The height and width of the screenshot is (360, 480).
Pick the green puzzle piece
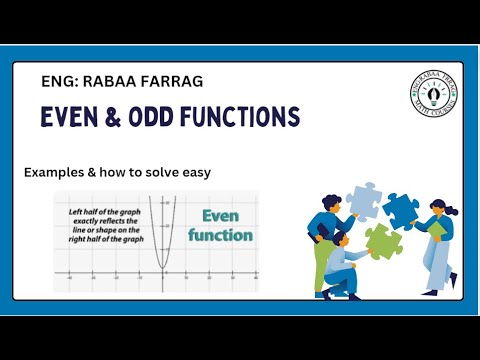tap(381, 240)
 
